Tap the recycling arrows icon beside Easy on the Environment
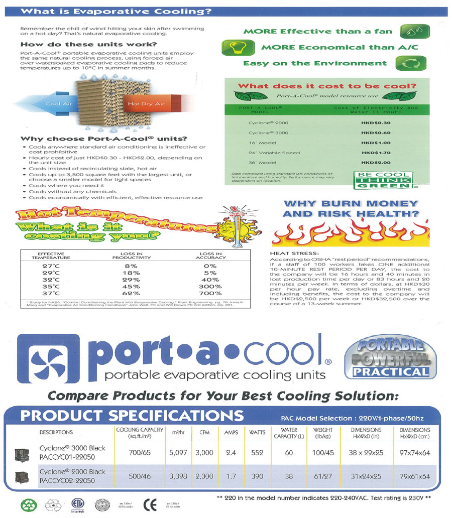point(411,63)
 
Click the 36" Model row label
point(262,163)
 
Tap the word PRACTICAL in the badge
point(390,372)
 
